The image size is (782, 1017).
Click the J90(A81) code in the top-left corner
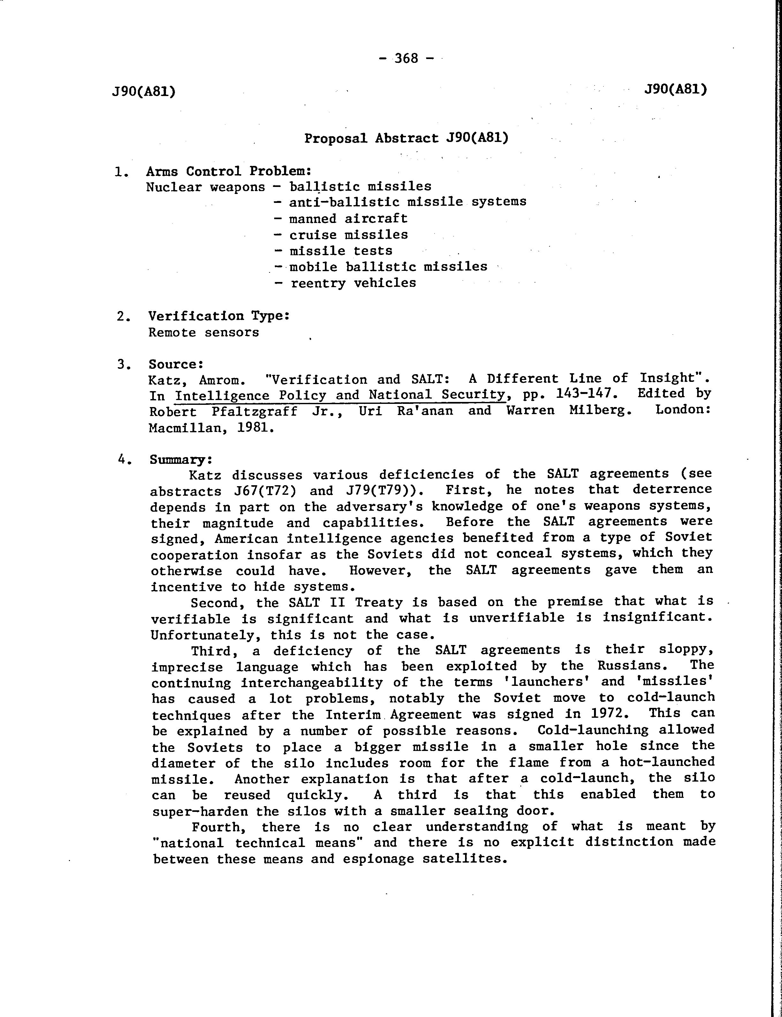pos(144,92)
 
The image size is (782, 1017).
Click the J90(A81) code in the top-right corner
pos(675,89)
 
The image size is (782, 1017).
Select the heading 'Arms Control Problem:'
pos(229,171)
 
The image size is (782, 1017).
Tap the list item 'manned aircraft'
pos(348,218)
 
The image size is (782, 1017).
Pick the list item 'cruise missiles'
pos(348,234)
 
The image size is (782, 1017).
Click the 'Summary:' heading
pos(181,460)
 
